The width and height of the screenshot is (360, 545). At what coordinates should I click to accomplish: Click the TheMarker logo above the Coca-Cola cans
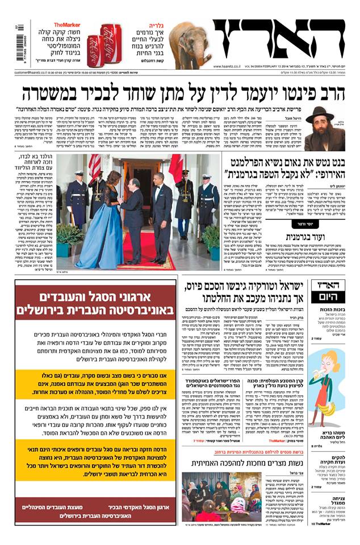(x=66, y=25)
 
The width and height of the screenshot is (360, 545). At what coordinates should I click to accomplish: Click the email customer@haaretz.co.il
(x=35, y=73)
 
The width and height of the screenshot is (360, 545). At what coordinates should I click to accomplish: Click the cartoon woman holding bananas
(x=327, y=386)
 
